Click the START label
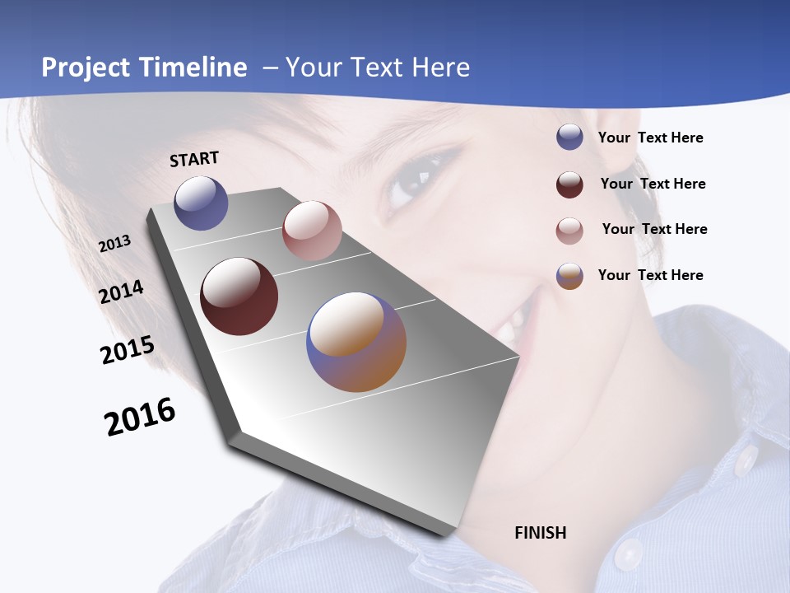194,159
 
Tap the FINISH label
540,533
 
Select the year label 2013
114,244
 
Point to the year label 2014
121,292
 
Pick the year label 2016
140,417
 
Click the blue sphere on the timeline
201,203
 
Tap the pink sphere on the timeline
312,231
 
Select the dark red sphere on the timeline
239,296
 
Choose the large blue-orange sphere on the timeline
356,342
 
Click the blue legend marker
569,138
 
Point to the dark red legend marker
569,184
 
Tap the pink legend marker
569,231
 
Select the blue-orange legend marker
569,276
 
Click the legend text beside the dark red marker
653,184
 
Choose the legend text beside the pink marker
654,229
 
